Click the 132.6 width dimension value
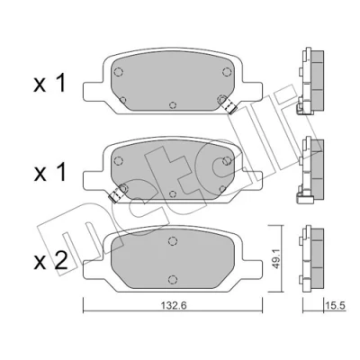[174, 306]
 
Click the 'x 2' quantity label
[50, 261]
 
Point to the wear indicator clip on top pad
[229, 105]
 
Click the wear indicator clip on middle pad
[116, 194]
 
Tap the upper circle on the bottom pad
[172, 241]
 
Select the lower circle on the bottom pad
[172, 279]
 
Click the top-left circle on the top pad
[119, 72]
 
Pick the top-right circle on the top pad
[227, 72]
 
